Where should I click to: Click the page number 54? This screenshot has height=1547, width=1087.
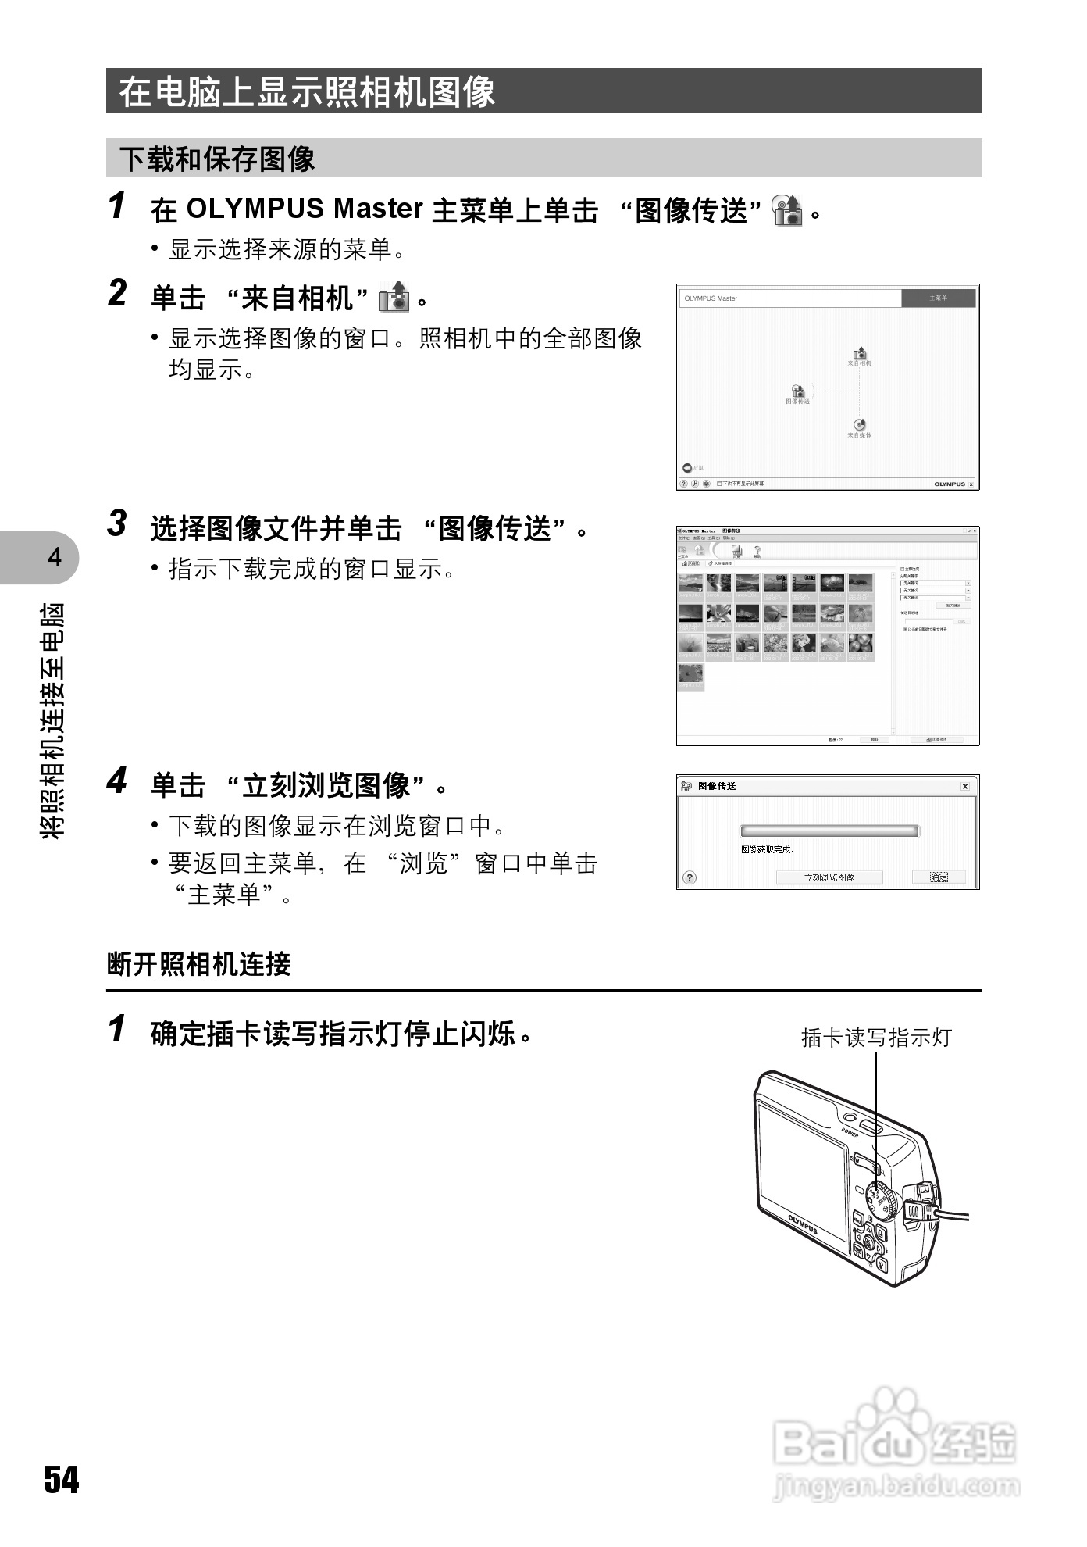tap(61, 1479)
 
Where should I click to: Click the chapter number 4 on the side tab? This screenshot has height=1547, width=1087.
tap(54, 557)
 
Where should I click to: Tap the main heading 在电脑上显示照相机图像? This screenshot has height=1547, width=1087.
tap(307, 91)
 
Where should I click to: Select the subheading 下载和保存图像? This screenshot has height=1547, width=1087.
tap(217, 159)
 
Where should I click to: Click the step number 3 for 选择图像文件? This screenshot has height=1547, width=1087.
tap(117, 523)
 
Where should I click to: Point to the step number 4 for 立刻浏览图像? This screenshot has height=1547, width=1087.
tap(117, 781)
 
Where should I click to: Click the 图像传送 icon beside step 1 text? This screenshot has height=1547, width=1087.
tap(787, 209)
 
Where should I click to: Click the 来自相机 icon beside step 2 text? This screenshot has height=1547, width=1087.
tap(394, 298)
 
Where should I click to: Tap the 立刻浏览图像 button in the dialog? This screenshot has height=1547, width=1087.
tap(829, 877)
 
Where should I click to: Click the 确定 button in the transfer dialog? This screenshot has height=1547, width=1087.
tap(939, 877)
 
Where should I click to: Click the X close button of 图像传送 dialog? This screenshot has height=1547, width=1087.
tap(965, 786)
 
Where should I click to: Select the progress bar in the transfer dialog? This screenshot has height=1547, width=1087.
tap(829, 831)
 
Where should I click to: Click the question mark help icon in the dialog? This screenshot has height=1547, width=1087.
tap(689, 877)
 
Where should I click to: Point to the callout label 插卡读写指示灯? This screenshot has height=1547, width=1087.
tap(876, 1038)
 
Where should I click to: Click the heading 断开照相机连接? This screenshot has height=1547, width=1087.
tap(199, 964)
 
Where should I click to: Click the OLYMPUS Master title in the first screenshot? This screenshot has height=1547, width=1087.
tap(711, 298)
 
